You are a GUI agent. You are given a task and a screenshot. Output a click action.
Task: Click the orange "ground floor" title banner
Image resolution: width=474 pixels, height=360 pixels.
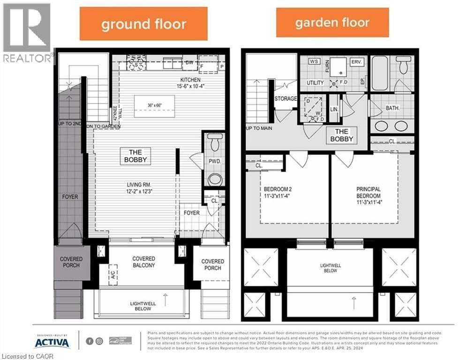[x=143, y=24]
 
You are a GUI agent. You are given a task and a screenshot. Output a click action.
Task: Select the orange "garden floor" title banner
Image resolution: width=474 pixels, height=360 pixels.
[x=332, y=22]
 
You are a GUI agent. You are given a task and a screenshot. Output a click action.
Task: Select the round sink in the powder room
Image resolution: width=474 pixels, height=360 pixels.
[x=215, y=179]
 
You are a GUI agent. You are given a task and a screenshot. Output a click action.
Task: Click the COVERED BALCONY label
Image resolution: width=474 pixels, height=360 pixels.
[x=143, y=262]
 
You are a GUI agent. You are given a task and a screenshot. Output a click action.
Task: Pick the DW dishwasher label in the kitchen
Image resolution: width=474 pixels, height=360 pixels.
[x=190, y=62]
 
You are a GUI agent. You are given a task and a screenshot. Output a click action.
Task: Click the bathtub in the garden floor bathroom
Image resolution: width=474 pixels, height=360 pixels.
[x=380, y=74]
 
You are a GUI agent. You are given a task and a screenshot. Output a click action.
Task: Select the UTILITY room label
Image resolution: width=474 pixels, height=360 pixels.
[x=315, y=83]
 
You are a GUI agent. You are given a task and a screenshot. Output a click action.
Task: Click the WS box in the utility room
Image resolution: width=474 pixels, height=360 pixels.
[x=314, y=62]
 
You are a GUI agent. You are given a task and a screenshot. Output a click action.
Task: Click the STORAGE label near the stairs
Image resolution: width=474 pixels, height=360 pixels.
[x=286, y=98]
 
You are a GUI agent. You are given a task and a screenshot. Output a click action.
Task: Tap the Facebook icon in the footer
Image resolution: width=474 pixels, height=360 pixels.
[x=90, y=341]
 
